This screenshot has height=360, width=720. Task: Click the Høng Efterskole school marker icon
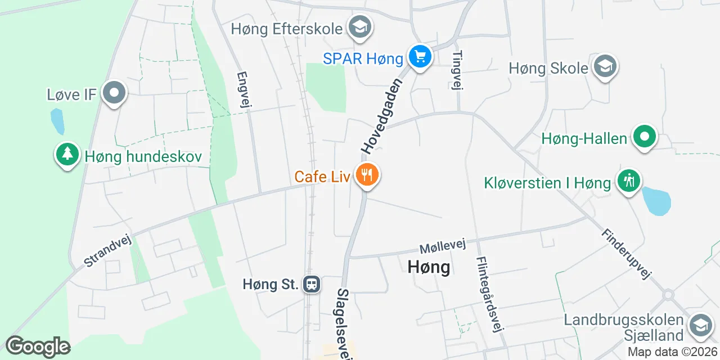(x=359, y=27)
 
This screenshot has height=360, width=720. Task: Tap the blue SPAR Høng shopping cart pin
(x=420, y=57)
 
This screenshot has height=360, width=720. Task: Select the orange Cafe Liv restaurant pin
(x=367, y=175)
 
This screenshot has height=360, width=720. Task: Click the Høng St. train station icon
(x=311, y=284)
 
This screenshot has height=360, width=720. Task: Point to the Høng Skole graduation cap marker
(x=605, y=67)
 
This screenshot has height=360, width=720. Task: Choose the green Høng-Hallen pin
(x=645, y=137)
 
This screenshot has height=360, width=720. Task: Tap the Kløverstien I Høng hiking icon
(x=628, y=181)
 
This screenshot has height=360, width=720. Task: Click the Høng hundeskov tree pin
(x=67, y=155)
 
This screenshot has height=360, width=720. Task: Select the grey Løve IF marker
(x=115, y=93)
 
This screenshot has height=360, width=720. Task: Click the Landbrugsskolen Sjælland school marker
(x=700, y=326)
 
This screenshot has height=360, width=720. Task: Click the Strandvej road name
(x=107, y=250)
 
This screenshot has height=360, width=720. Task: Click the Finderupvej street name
(x=625, y=254)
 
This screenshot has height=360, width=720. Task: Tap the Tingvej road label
(x=457, y=70)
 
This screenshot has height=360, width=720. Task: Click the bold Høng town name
(x=429, y=267)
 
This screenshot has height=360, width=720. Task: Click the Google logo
(x=38, y=346)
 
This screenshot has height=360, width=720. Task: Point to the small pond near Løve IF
(x=57, y=121)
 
